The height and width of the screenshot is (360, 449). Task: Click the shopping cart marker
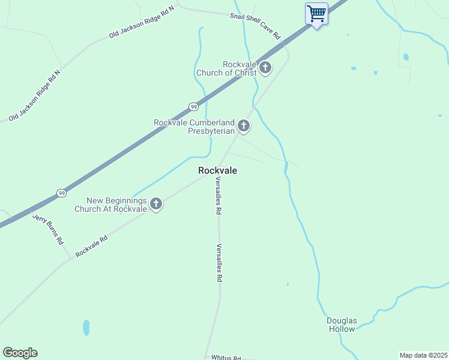pyautogui.click(x=316, y=13)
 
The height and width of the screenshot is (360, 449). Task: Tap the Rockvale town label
pyautogui.click(x=217, y=171)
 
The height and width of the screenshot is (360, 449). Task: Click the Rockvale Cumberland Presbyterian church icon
pyautogui.click(x=243, y=126)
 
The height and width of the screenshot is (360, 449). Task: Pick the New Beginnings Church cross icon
pyautogui.click(x=156, y=204)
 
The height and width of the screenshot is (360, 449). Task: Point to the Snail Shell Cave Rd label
pyautogui.click(x=256, y=25)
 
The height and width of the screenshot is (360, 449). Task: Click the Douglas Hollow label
pyautogui.click(x=342, y=325)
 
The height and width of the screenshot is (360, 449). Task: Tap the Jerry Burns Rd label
pyautogui.click(x=48, y=230)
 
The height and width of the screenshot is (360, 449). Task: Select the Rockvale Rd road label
pyautogui.click(x=91, y=246)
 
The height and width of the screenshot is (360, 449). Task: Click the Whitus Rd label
pyautogui.click(x=226, y=357)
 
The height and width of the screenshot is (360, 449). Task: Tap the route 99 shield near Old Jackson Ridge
pyautogui.click(x=193, y=107)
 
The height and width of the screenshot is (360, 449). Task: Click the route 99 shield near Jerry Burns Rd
pyautogui.click(x=61, y=193)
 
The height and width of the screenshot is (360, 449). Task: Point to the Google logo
pyautogui.click(x=20, y=353)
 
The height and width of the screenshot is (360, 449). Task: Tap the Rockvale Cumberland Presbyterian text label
pyautogui.click(x=194, y=127)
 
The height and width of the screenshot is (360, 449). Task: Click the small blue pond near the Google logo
pyautogui.click(x=86, y=327)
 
